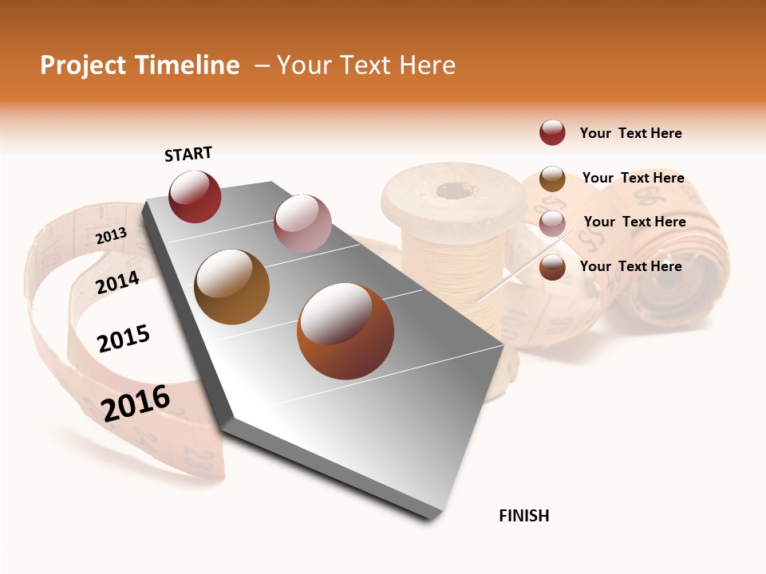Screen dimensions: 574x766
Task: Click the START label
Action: pyautogui.click(x=188, y=154)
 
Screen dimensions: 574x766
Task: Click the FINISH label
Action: pyautogui.click(x=523, y=516)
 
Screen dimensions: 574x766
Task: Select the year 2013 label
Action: pyautogui.click(x=111, y=235)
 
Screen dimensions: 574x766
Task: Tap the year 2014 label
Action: pyautogui.click(x=118, y=282)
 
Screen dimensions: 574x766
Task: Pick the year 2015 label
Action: pyautogui.click(x=124, y=340)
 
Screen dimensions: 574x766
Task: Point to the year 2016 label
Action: pyautogui.click(x=136, y=403)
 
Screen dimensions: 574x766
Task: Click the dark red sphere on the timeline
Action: pyautogui.click(x=195, y=196)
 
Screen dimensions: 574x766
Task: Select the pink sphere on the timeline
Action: pyautogui.click(x=302, y=223)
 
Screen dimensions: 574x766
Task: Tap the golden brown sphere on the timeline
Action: pyautogui.click(x=231, y=287)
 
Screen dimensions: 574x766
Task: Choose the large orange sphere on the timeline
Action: pyautogui.click(x=345, y=330)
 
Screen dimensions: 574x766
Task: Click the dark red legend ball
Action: pyautogui.click(x=552, y=132)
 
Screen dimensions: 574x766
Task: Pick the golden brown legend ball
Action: pyautogui.click(x=552, y=178)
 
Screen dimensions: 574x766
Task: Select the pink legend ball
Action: pyautogui.click(x=552, y=222)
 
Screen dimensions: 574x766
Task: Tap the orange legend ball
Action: pyautogui.click(x=552, y=267)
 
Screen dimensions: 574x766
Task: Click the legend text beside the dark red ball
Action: pyautogui.click(x=630, y=133)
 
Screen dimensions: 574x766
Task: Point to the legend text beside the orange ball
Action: pyautogui.click(x=630, y=266)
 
